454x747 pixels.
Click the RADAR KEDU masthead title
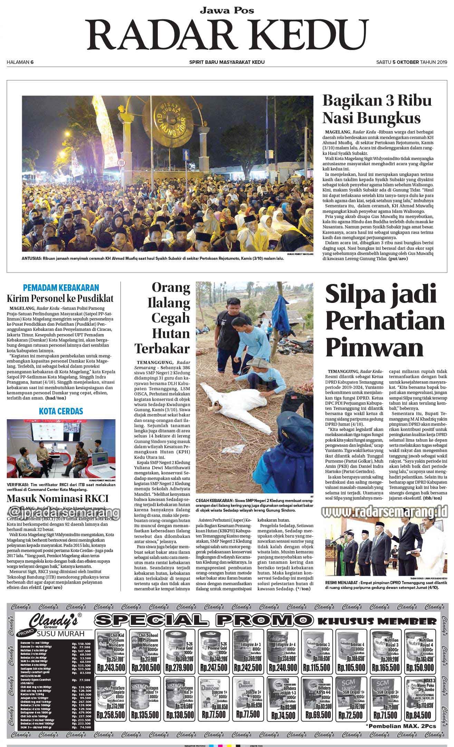point(227,34)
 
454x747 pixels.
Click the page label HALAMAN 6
point(20,62)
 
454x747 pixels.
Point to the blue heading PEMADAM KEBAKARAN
point(61,287)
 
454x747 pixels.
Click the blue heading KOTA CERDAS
point(61,411)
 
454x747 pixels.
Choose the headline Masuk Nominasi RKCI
point(58,498)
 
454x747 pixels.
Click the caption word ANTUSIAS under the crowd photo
point(31,258)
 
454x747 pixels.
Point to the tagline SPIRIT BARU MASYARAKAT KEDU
point(227,62)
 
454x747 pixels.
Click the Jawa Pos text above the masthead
point(227,10)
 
